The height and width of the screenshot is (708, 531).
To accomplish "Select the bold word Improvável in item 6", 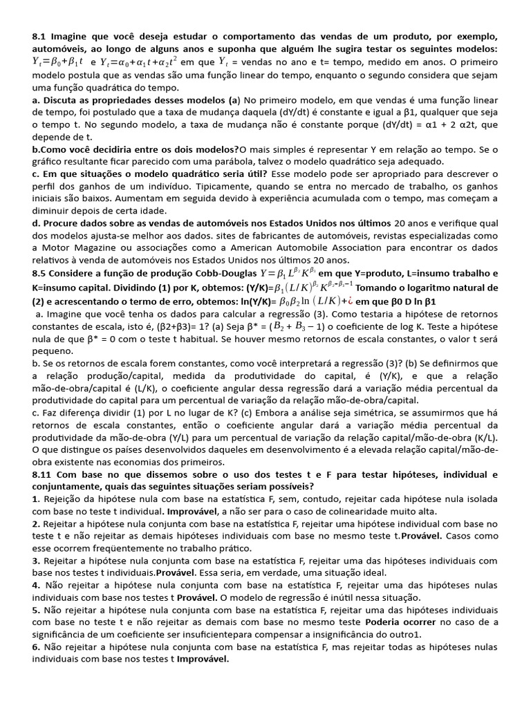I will click(203, 659).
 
